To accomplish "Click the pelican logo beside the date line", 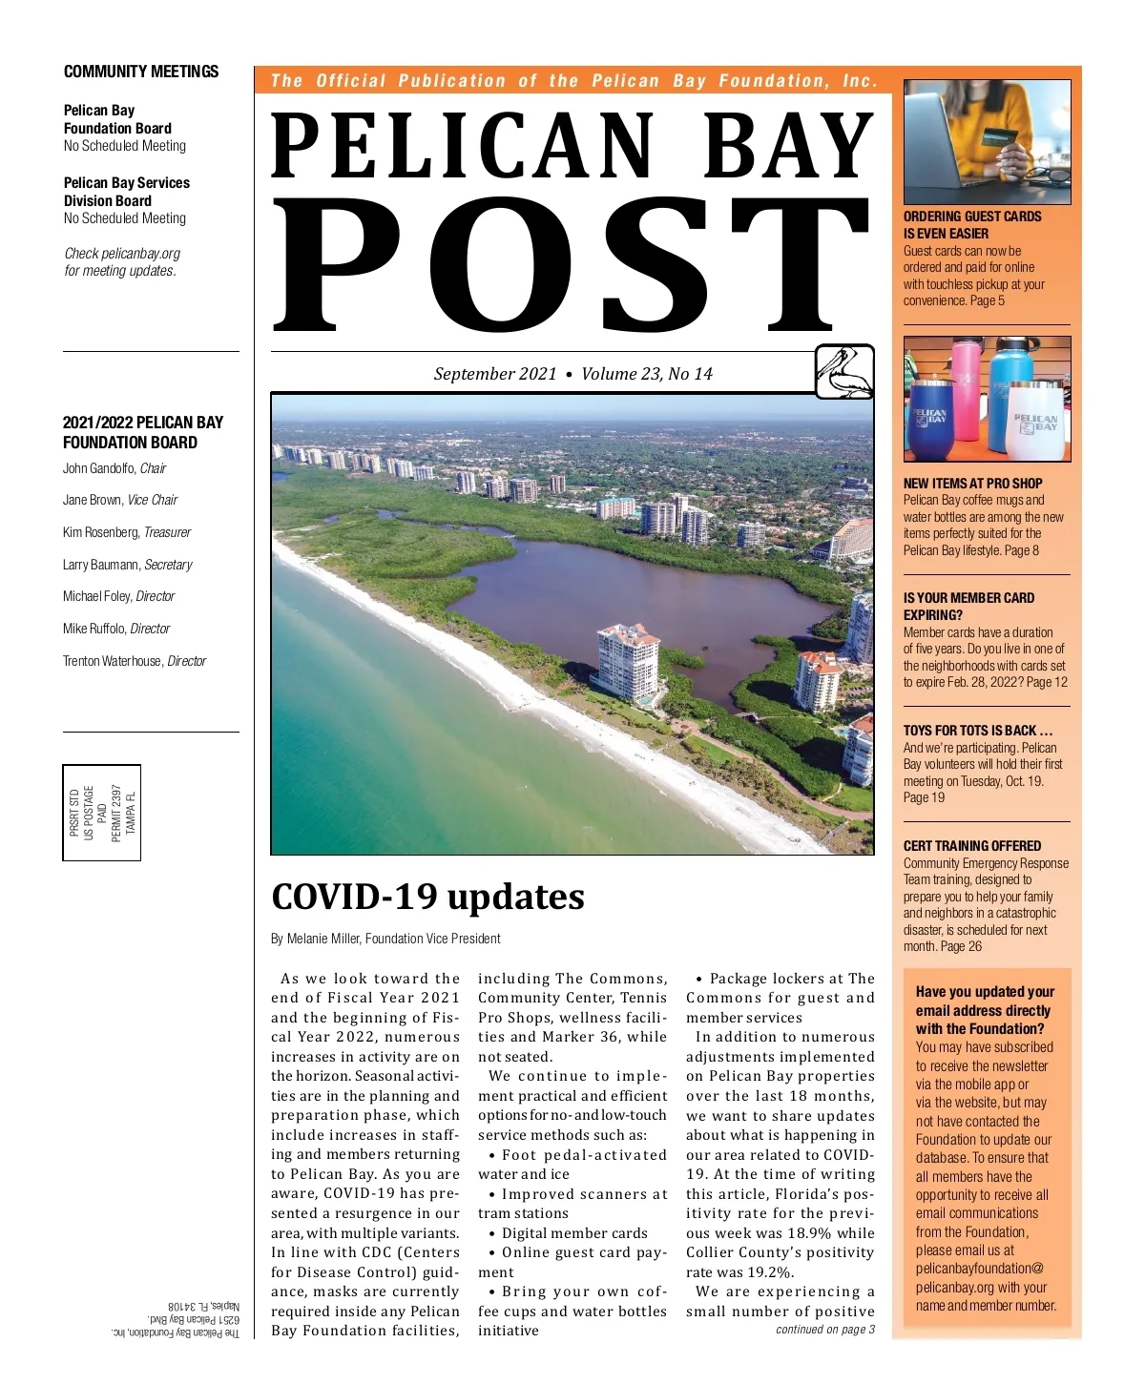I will pos(844,371).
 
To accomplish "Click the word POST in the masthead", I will pos(572,265).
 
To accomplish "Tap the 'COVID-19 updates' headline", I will pos(427,897).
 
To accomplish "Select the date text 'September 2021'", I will pos(494,374).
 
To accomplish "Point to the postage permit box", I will pos(102,813).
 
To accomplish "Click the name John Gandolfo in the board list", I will pos(99,468).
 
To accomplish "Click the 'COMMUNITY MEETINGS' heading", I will pos(141,72).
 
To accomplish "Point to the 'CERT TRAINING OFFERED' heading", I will pos(972,846).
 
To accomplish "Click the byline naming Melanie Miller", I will pos(385,939).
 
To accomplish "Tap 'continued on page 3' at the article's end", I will pos(824,1330).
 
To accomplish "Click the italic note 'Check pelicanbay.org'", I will pos(122,254).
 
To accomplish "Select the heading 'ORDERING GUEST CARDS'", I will pos(972,217).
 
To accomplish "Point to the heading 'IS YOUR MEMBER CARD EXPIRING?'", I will pos(968,607).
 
